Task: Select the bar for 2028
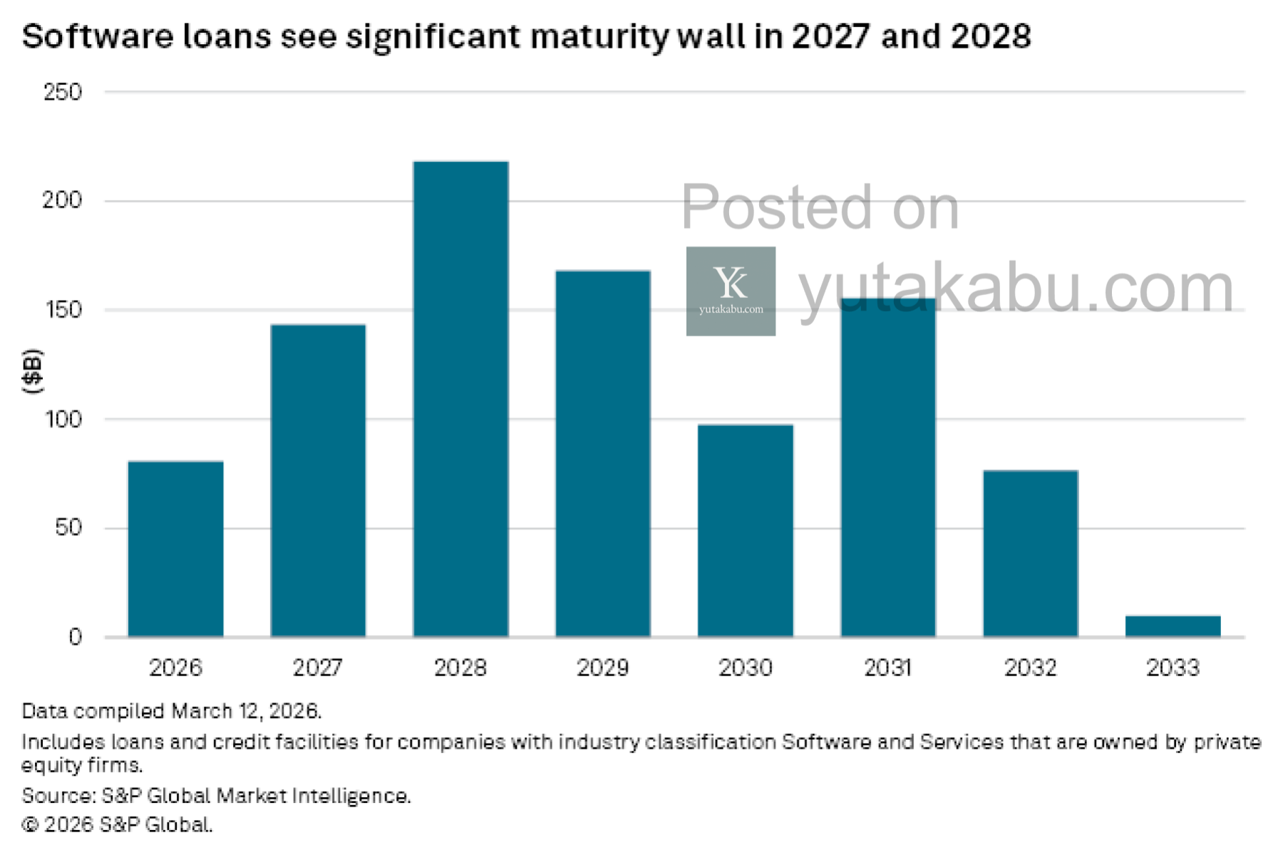tap(460, 399)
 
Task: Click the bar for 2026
tap(175, 549)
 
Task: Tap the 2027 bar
tap(318, 480)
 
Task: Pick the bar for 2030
tap(745, 530)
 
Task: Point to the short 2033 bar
tap(1173, 626)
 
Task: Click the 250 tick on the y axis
tap(63, 92)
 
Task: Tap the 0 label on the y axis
tap(75, 637)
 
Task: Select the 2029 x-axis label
tap(602, 668)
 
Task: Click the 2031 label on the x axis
tap(887, 668)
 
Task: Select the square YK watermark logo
tap(731, 291)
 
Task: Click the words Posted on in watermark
tap(820, 207)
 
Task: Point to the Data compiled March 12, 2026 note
tap(172, 711)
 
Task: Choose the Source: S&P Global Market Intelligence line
tap(216, 796)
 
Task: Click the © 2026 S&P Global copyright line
tap(118, 825)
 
